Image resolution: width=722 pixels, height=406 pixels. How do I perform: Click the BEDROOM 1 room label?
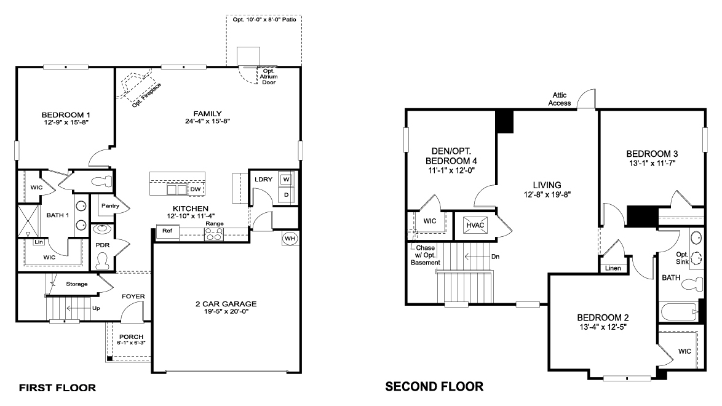pos(66,115)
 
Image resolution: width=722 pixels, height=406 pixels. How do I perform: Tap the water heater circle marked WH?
pos(290,238)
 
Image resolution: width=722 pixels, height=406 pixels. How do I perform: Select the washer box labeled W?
pos(286,180)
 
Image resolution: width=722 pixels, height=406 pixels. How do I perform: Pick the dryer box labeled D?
pos(286,194)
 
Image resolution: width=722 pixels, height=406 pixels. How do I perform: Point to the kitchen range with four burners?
pos(213,234)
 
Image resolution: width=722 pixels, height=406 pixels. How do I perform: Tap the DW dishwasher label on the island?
pos(194,189)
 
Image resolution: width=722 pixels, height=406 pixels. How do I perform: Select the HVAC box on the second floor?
pos(475,226)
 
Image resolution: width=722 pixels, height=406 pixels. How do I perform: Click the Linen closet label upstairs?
pos(613,268)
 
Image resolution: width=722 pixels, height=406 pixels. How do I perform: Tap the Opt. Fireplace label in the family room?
pos(147,94)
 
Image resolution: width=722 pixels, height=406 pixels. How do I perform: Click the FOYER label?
pos(133,297)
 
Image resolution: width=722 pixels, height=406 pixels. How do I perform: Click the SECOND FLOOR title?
pos(434,387)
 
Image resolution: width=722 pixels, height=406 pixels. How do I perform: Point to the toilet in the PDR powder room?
pos(101,260)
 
